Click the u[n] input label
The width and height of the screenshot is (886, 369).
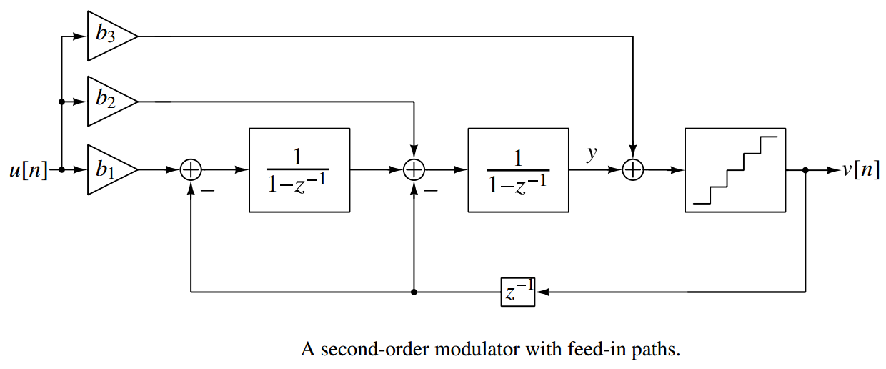[x=29, y=171]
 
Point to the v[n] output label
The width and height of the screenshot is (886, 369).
[x=861, y=171]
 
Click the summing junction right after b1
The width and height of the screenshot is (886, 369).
[x=191, y=170]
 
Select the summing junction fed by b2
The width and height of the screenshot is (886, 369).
[x=414, y=170]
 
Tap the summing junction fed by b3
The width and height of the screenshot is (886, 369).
[x=633, y=170]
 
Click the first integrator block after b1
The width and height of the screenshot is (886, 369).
[x=299, y=170]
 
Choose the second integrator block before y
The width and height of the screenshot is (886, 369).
[x=518, y=170]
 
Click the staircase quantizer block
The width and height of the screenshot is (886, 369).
[x=735, y=170]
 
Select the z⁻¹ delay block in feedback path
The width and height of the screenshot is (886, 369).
[x=518, y=292]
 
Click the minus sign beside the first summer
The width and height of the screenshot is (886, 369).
[x=209, y=191]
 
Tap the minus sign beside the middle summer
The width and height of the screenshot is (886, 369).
[x=431, y=191]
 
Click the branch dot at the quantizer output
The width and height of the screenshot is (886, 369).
[x=805, y=170]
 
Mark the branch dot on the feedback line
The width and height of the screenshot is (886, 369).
[x=414, y=292]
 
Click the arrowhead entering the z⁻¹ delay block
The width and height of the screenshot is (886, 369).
[x=542, y=292]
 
